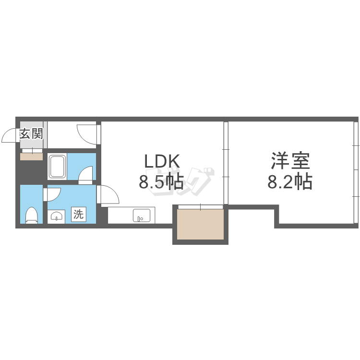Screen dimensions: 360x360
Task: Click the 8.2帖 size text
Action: pyautogui.click(x=289, y=182)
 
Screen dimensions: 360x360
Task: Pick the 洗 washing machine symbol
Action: pyautogui.click(x=78, y=215)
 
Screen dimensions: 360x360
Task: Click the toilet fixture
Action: pyautogui.click(x=32, y=215)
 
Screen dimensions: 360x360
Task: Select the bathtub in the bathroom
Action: pyautogui.click(x=58, y=167)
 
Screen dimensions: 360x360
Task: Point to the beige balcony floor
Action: pyautogui.click(x=200, y=224)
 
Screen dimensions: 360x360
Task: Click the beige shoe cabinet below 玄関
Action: pyautogui.click(x=32, y=156)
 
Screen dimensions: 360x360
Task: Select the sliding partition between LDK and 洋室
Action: pyautogui.click(x=226, y=163)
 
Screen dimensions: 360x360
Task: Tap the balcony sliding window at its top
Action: pyautogui.click(x=200, y=207)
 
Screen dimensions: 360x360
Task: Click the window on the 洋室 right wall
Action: pyautogui.click(x=356, y=170)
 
